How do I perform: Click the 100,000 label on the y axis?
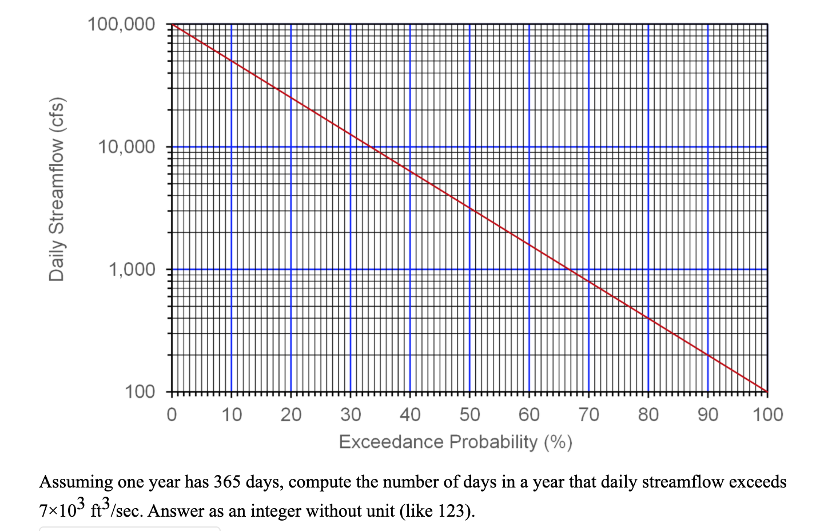[121, 25]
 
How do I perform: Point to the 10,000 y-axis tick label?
[126, 147]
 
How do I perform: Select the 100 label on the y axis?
[140, 392]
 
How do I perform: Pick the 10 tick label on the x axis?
[231, 414]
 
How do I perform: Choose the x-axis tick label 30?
[351, 414]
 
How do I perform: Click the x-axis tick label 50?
[469, 414]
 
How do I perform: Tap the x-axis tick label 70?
[588, 414]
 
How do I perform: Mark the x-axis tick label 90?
[707, 414]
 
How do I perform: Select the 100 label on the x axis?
[767, 414]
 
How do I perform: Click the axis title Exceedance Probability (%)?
[455, 442]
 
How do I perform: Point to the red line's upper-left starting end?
[172, 25]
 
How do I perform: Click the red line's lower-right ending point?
[767, 391]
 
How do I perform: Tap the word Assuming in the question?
[75, 482]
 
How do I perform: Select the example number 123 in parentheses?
[454, 510]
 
